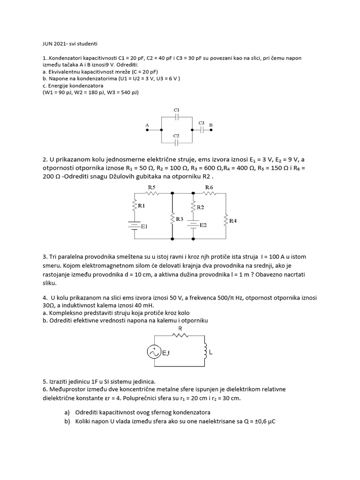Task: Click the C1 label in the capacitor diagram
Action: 177,110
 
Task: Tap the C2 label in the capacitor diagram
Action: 177,135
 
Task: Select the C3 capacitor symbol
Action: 202,130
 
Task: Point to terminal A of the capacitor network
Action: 148,126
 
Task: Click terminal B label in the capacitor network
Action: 211,125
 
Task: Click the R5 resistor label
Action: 151,187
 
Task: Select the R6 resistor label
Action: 209,187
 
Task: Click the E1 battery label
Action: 144,226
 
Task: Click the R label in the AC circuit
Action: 180,329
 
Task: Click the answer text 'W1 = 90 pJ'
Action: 60,92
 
